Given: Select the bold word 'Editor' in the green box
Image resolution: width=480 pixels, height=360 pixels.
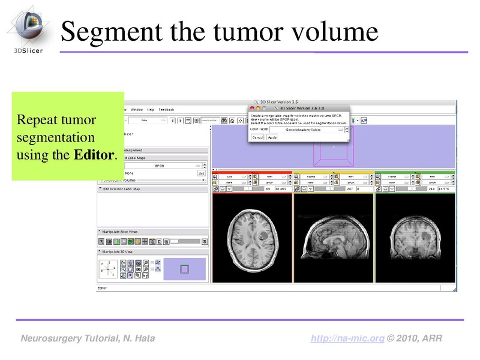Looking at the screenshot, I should click(93, 155).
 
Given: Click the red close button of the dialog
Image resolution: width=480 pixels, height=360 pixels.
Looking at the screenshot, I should click(252, 107).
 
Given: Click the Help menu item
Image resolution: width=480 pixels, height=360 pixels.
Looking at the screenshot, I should click(150, 110).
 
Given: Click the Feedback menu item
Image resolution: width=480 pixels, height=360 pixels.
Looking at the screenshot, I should click(166, 110).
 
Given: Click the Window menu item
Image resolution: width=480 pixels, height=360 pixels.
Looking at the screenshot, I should click(136, 110).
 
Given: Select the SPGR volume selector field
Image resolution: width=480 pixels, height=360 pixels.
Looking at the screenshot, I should click(159, 165).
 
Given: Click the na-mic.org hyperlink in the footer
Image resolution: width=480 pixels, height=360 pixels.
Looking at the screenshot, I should click(347, 338).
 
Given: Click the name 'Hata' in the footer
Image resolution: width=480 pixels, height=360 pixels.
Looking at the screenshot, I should click(144, 338).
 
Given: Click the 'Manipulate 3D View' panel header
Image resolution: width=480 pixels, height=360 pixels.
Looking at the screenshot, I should click(123, 252).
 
